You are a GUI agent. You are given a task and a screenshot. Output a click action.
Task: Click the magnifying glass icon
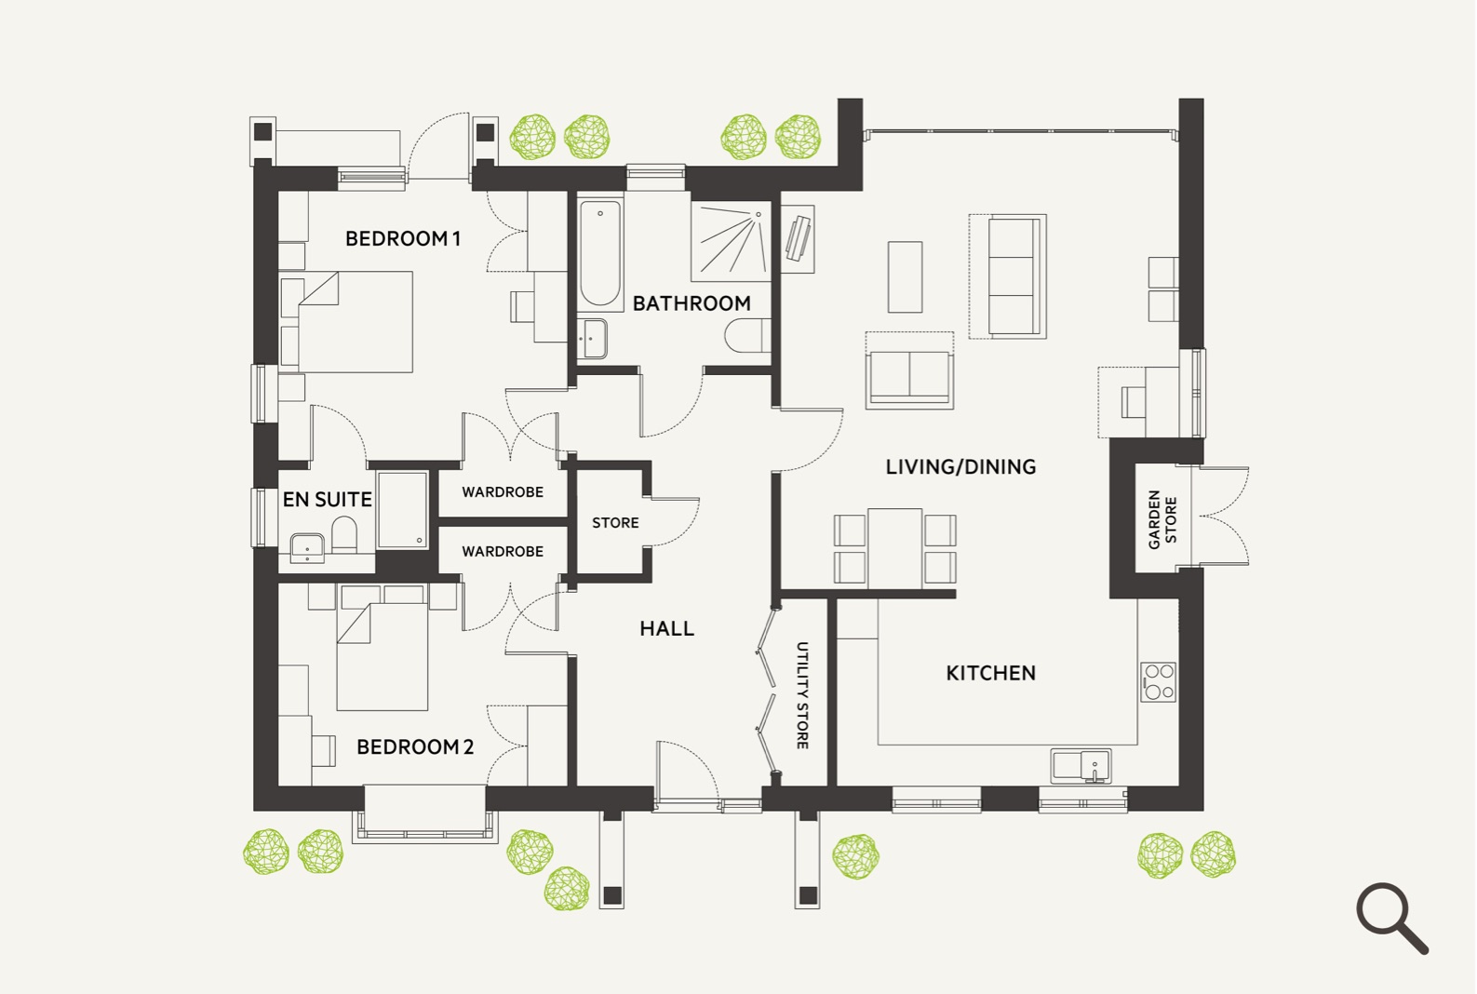(1391, 917)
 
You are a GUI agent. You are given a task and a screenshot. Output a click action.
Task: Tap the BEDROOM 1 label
(402, 238)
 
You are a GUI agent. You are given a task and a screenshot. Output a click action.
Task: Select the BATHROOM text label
(692, 303)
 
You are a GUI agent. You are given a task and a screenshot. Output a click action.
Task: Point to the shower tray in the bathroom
(731, 241)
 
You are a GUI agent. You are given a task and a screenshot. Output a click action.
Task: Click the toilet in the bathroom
(747, 336)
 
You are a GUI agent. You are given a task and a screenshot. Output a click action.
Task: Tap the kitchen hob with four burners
(1159, 681)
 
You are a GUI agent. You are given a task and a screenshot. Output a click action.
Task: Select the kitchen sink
(1081, 766)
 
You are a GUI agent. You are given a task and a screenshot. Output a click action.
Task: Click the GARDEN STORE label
(1161, 519)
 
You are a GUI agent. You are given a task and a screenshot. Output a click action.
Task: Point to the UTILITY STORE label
(802, 695)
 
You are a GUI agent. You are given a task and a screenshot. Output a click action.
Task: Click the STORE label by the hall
(615, 523)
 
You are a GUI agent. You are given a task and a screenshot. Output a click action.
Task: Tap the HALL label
(666, 628)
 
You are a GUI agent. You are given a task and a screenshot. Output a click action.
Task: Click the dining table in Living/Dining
(894, 548)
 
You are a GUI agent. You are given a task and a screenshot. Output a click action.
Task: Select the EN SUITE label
(327, 499)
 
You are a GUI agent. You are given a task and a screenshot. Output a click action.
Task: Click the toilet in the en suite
(343, 534)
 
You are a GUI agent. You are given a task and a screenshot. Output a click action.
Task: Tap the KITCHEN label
(990, 673)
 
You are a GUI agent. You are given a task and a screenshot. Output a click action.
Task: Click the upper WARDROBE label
(503, 492)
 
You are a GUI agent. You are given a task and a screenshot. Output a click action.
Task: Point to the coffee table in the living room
(905, 277)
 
